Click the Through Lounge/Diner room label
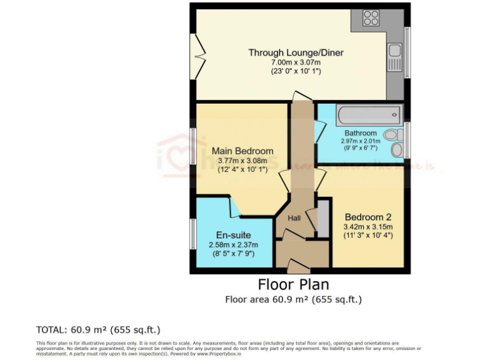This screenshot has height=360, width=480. (296, 52)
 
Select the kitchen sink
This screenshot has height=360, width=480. (394, 51)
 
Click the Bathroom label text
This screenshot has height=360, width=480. (361, 133)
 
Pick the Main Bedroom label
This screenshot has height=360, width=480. (242, 151)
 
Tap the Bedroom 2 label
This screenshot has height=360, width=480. (368, 217)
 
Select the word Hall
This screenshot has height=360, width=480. (294, 218)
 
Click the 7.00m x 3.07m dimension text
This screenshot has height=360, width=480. (296, 62)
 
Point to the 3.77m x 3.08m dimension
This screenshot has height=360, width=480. (242, 161)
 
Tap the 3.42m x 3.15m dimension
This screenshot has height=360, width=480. (368, 226)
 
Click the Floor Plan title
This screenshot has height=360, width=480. (293, 285)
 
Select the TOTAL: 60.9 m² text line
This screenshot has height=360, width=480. (102, 329)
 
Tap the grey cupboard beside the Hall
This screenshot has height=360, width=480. (323, 217)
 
